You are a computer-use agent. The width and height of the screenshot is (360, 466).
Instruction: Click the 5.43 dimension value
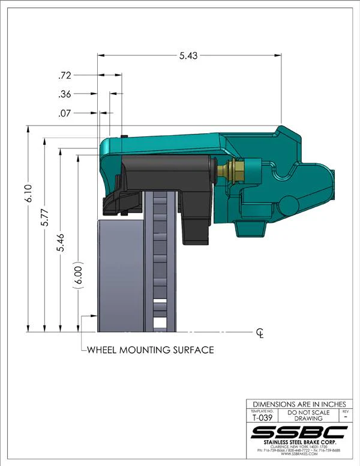click(x=189, y=55)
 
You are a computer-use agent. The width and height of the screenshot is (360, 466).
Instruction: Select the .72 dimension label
click(x=65, y=76)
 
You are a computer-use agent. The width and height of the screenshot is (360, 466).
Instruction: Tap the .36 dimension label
click(x=65, y=94)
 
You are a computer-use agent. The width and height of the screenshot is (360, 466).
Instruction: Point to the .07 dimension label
click(x=65, y=113)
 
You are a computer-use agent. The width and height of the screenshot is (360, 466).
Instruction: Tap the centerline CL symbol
click(x=260, y=333)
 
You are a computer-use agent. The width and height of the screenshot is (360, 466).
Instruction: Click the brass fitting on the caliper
click(x=231, y=171)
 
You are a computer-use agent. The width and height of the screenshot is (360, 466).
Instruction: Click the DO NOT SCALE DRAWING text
click(x=308, y=416)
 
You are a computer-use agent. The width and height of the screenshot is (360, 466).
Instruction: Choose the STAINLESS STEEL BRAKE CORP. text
click(x=299, y=443)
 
